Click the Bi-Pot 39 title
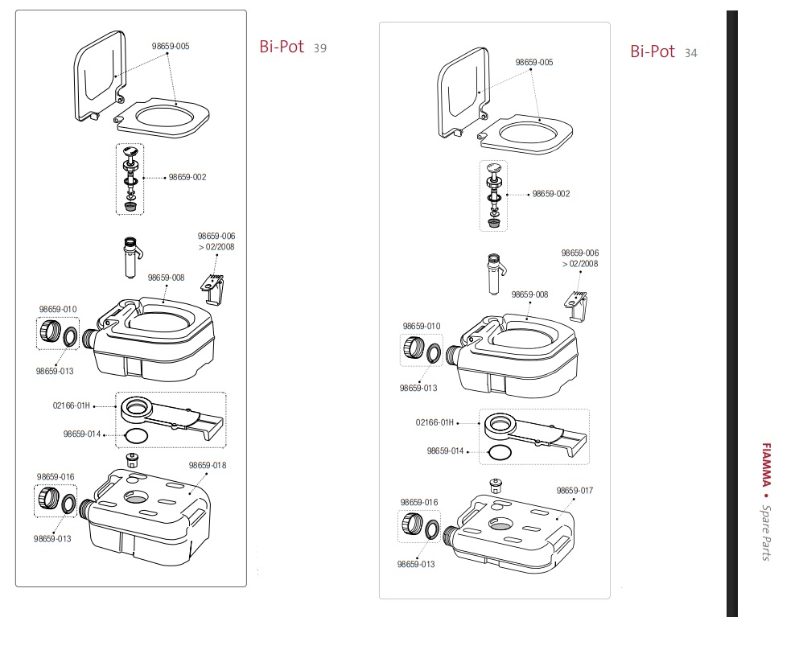pos(292,47)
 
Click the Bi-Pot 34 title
pos(663,51)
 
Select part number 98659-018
pos(208,465)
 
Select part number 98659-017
pos(575,490)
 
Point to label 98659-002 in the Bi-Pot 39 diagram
pos(187,177)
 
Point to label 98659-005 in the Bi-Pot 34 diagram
pos(534,62)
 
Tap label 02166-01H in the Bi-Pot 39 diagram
pos(72,405)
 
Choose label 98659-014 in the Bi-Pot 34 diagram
pos(446,451)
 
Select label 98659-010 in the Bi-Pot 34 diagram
pos(422,326)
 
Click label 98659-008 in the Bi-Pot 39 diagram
pos(166,278)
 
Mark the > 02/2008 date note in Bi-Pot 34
pos(580,263)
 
